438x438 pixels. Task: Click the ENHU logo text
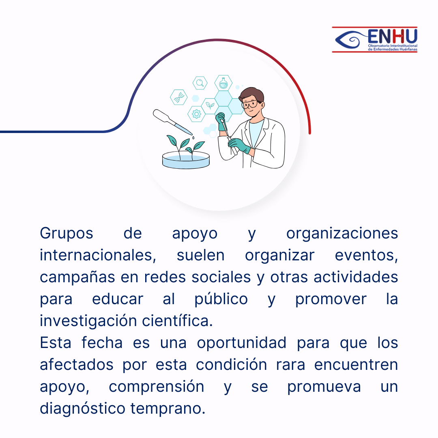[393, 36]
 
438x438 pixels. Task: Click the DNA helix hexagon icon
[179, 97]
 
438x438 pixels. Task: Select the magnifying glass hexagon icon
[200, 83]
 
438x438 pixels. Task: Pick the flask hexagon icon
[223, 83]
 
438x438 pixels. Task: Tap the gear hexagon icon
[196, 114]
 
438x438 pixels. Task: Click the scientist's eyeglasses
[251, 105]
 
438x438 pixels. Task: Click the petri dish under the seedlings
[186, 160]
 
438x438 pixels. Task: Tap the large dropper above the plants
[172, 122]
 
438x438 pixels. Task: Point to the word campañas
[77, 278]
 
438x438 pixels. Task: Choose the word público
[221, 299]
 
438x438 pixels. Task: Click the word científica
[177, 321]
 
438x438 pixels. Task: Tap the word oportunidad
[242, 343]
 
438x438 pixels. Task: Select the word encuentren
[356, 365]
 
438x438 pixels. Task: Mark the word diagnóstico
[82, 409]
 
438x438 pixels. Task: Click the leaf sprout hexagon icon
[210, 106]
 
